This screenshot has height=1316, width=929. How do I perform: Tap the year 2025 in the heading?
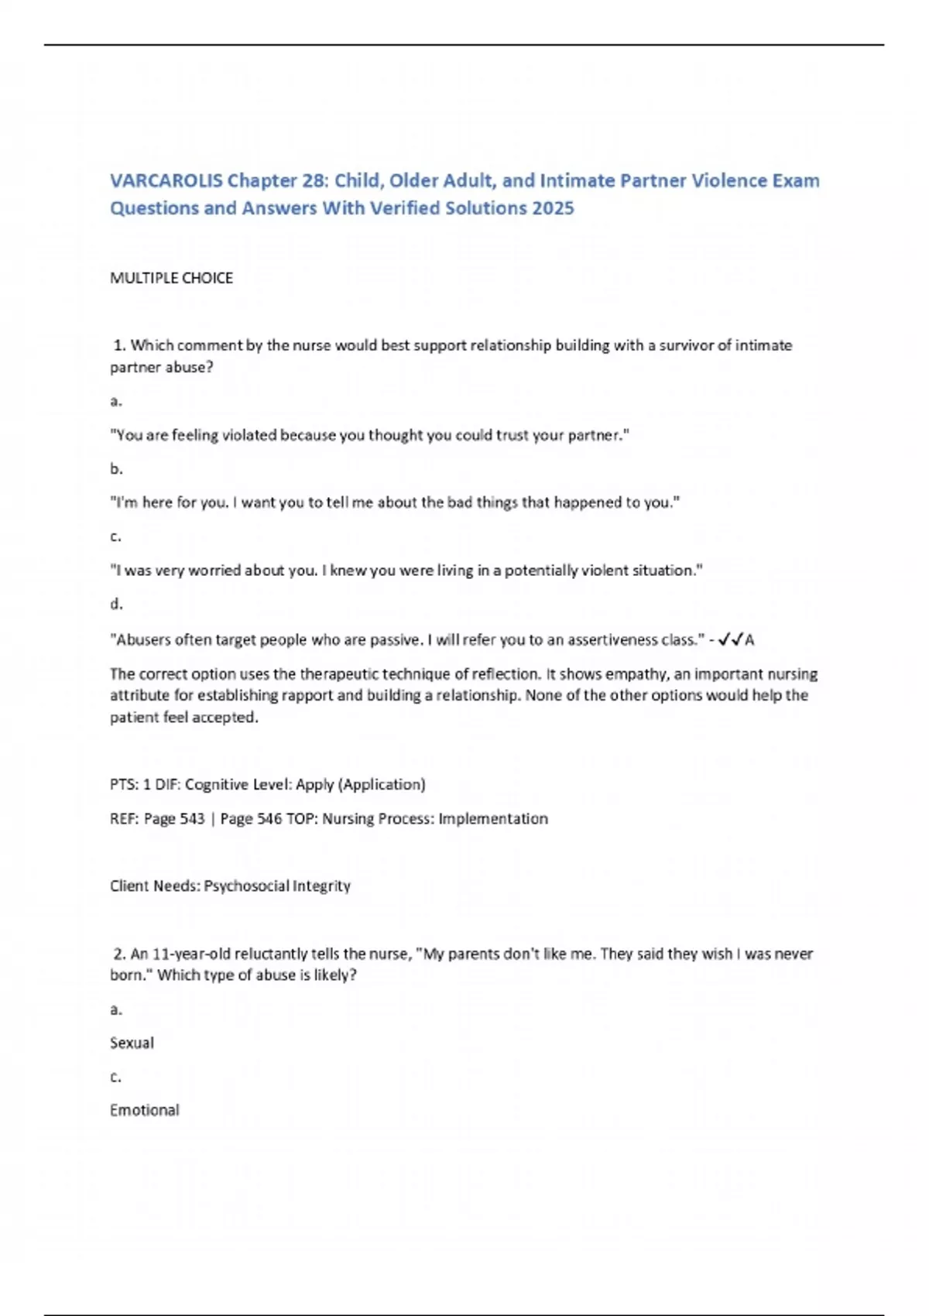pos(553,208)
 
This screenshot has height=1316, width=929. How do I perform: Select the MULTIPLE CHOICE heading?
pos(171,278)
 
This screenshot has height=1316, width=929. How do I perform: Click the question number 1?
pos(119,345)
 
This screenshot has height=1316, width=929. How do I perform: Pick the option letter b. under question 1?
pos(116,468)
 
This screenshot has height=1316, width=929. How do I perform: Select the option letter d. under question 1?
pos(116,604)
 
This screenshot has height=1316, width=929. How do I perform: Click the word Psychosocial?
pos(245,886)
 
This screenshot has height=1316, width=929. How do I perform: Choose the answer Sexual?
pos(132,1043)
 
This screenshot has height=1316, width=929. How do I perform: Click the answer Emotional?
pos(144,1110)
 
